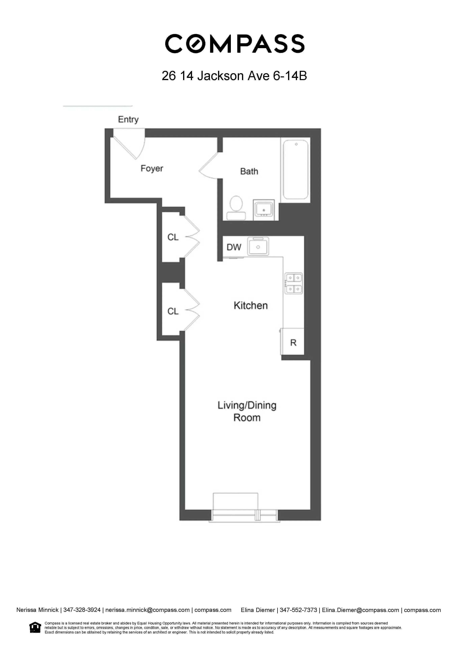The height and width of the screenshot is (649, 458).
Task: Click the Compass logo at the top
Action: [x=234, y=44]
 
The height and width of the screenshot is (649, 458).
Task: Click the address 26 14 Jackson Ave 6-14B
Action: [x=234, y=76]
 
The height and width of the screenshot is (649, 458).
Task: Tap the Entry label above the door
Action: [x=128, y=120]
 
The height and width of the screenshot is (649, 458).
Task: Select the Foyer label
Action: [x=152, y=168]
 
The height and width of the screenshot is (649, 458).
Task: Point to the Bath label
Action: [x=249, y=171]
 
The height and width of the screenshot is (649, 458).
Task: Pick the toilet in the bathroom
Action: [x=236, y=207]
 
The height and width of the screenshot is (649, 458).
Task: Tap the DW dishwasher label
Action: [x=234, y=247]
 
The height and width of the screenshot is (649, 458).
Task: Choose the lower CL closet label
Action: [x=173, y=311]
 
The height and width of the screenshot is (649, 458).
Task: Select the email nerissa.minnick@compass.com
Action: [x=147, y=610]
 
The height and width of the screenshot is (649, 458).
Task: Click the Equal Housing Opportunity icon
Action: [x=35, y=627]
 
